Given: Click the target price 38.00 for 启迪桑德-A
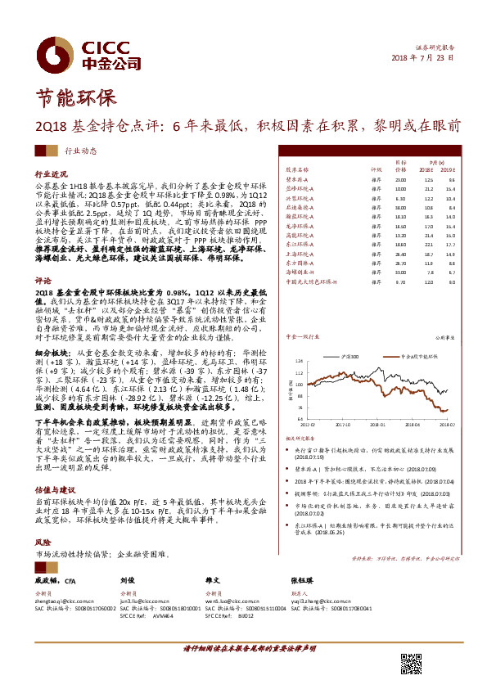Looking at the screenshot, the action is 400,208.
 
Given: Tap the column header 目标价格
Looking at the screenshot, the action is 401,166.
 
